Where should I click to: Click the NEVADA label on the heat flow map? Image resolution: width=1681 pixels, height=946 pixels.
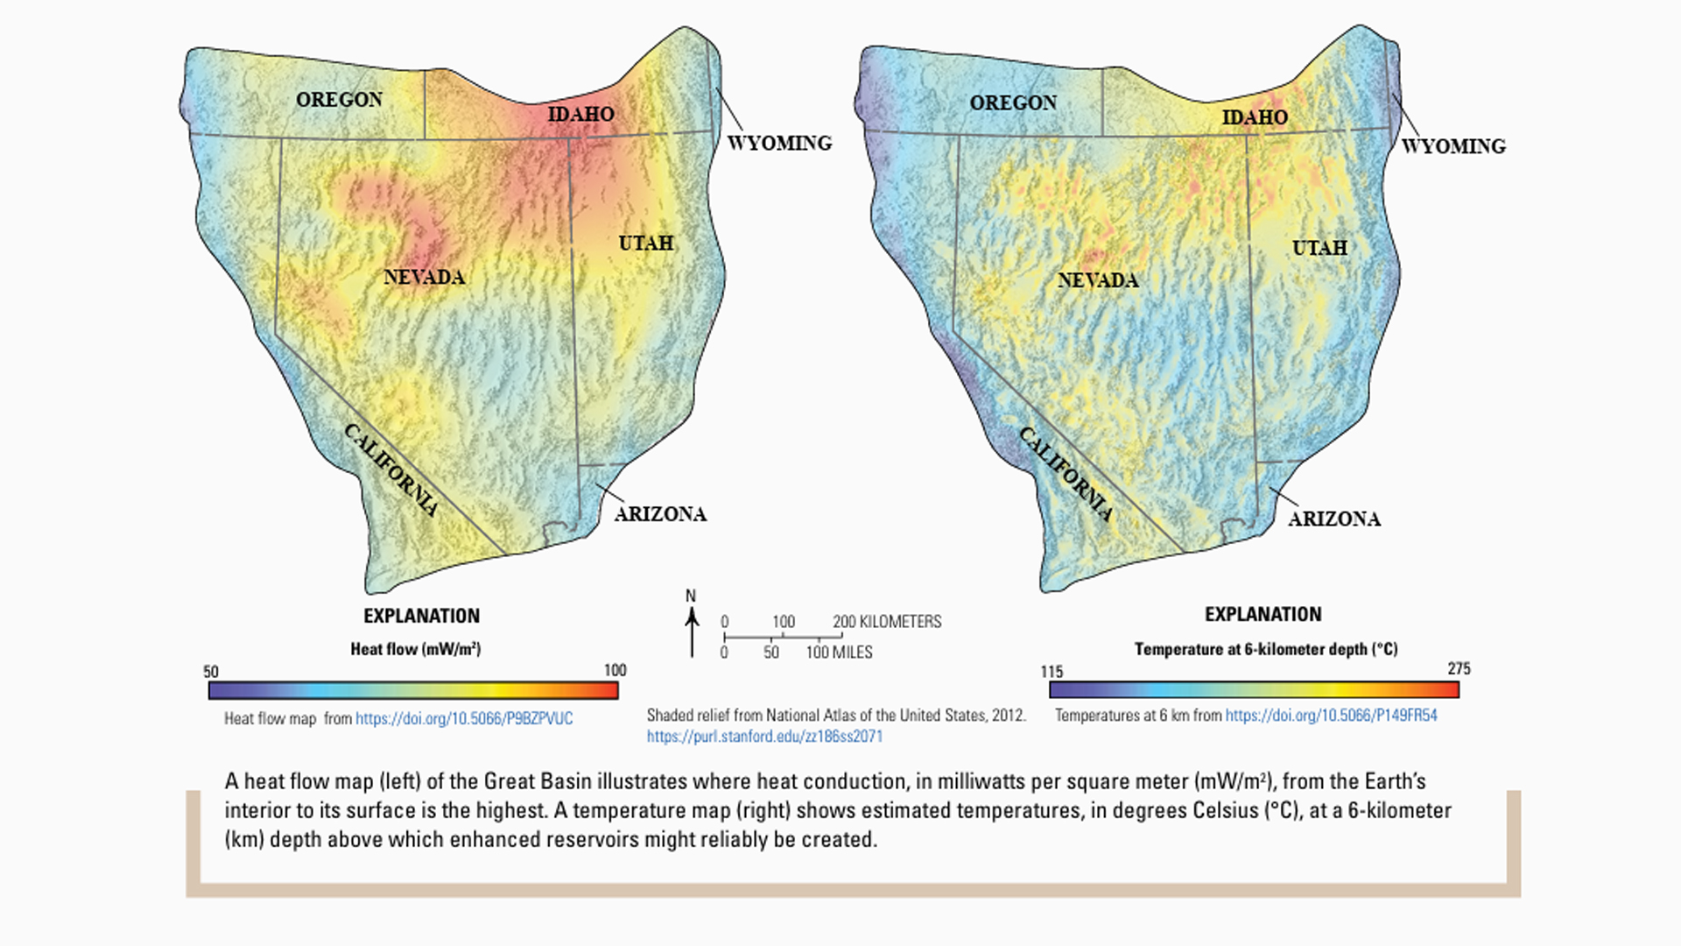[x=424, y=278]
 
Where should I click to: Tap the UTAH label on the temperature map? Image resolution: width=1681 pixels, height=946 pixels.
[x=1319, y=248]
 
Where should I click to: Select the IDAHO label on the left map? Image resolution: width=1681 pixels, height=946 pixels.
[x=580, y=114]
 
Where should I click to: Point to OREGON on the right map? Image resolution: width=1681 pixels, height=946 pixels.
[x=1013, y=102]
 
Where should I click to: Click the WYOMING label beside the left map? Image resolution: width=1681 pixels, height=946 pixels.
[x=779, y=143]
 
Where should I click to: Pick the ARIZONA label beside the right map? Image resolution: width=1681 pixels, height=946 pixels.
[x=1333, y=519]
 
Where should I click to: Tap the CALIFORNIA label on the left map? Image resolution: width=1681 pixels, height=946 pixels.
[x=390, y=470]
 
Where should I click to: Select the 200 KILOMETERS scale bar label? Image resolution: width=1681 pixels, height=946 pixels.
[x=886, y=621]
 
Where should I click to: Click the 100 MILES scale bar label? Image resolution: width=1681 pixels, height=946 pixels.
[x=839, y=653]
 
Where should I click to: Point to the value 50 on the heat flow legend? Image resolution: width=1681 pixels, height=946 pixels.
[x=211, y=672]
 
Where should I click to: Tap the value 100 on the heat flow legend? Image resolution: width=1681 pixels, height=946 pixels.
[x=615, y=670]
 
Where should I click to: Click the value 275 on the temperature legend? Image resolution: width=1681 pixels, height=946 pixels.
[x=1459, y=668]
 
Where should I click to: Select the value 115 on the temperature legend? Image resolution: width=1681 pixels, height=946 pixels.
[x=1052, y=672]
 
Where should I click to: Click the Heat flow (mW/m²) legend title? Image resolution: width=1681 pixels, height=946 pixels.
[x=415, y=649]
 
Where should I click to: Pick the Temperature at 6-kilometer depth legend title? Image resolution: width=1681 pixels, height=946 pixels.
[x=1265, y=649]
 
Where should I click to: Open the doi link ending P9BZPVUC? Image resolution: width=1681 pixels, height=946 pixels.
[x=464, y=718]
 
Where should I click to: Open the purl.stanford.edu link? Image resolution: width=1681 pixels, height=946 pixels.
[x=764, y=737]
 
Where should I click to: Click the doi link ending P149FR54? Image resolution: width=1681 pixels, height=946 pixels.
[x=1331, y=716]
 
